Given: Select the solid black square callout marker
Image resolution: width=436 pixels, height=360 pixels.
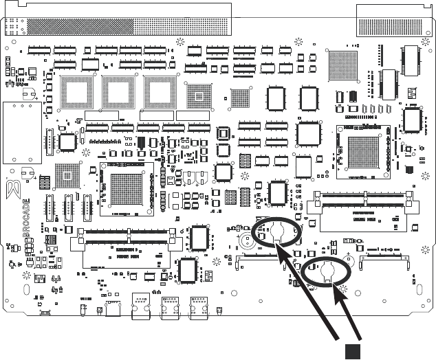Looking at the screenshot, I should point(352,350).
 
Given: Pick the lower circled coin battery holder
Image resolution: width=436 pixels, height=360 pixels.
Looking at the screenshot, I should point(327,273).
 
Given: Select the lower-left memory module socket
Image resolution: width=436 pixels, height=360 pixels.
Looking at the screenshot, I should point(127,248).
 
